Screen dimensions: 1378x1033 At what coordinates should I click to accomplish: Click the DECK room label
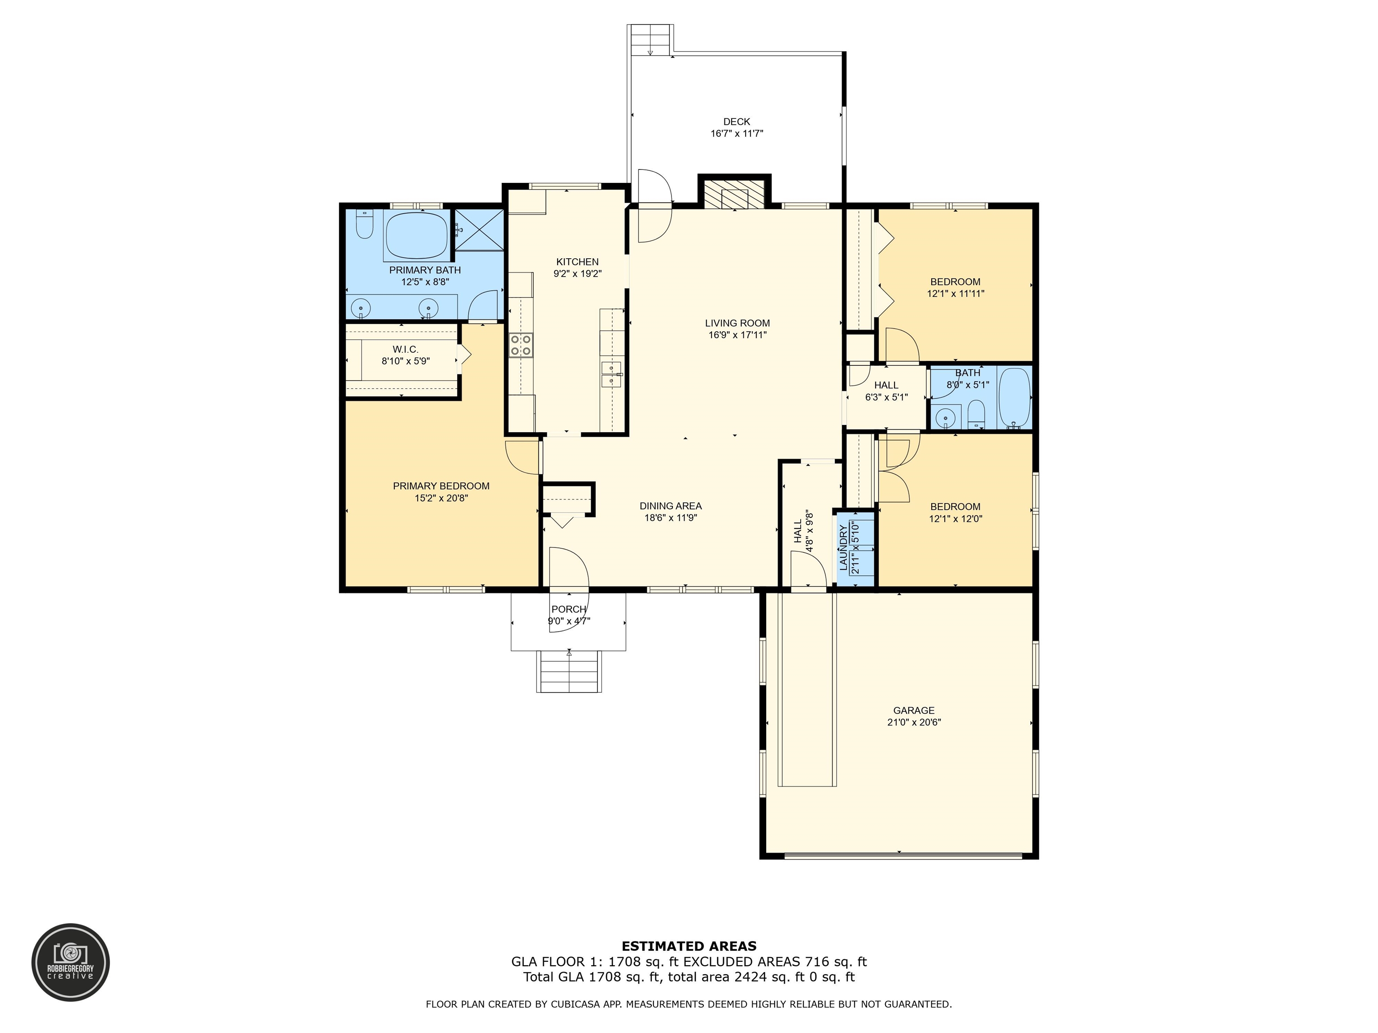click(x=737, y=122)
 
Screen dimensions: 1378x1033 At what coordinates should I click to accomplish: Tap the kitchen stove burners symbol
click(x=521, y=345)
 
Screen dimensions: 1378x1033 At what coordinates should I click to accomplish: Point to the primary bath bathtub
click(x=417, y=235)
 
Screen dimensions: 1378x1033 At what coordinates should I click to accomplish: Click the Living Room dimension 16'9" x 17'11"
click(x=737, y=335)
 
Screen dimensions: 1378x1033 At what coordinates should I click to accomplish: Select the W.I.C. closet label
click(x=406, y=350)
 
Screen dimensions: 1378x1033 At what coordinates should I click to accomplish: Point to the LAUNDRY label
click(x=843, y=548)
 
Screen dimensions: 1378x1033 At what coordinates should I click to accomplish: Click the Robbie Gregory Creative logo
click(x=71, y=962)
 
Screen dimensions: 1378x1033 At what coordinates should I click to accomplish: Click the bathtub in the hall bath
click(x=1015, y=397)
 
